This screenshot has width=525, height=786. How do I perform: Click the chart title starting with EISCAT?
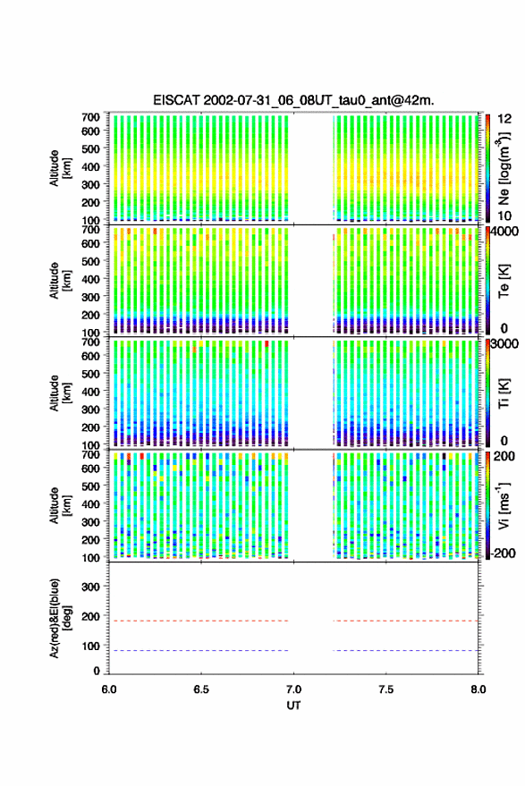point(293,100)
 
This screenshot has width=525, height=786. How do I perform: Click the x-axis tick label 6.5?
point(201,689)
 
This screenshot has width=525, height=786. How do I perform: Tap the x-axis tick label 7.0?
point(293,689)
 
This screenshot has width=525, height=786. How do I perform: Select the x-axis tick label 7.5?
point(385,689)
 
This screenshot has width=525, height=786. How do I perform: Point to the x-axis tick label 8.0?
point(478,689)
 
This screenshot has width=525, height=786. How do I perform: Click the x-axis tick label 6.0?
point(109,689)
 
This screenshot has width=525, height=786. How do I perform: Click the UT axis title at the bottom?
point(293,706)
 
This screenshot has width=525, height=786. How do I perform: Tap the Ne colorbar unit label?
point(504,168)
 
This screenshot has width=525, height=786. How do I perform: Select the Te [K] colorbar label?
point(504,281)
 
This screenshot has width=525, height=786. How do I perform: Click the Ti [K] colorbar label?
point(504,393)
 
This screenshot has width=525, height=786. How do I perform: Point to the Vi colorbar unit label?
point(504,505)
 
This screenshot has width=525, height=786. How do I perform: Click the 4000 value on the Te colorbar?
point(504,232)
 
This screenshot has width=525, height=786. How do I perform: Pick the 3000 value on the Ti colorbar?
point(504,344)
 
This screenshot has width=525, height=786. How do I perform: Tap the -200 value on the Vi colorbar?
point(502,553)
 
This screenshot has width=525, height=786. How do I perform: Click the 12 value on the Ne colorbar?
point(504,119)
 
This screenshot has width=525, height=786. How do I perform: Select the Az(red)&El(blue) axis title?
point(60,618)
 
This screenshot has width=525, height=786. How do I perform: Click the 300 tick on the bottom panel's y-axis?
point(90,587)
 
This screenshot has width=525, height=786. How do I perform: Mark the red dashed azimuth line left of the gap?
point(199,621)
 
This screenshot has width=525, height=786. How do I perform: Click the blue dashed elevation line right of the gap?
point(405,651)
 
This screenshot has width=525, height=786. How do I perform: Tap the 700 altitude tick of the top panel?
point(90,117)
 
